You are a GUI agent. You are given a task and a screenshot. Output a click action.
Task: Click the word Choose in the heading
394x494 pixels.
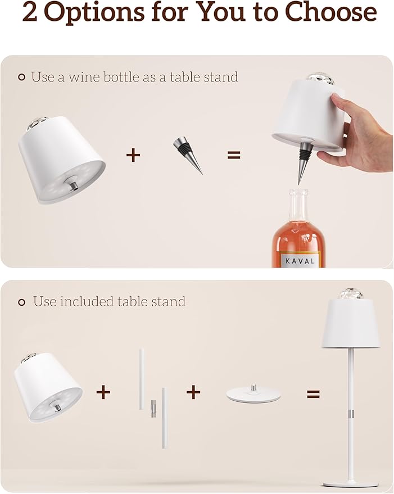coord(330,12)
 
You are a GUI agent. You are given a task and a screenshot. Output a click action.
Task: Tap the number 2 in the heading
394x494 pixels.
coord(30,12)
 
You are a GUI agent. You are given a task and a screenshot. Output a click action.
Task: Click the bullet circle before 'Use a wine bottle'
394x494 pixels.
coord(21,77)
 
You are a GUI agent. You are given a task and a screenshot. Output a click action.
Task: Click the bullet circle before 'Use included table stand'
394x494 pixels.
coord(21,302)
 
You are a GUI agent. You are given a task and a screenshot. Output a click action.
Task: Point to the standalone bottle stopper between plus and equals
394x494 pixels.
coord(187,155)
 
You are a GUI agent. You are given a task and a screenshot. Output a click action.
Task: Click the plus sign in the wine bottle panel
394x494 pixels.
coord(133,155)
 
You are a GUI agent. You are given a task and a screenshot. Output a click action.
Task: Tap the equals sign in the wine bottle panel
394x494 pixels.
coord(234,155)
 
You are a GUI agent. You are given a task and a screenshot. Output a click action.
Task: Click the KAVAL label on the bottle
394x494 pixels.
coord(300,261)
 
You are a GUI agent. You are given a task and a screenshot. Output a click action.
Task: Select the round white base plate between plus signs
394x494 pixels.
coord(253,395)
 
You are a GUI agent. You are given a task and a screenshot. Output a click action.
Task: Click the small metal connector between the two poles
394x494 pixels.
coord(153,408)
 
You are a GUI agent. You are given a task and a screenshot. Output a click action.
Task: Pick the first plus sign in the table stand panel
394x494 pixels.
coord(103,392)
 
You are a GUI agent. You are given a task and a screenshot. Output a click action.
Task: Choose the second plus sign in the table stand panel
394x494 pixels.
coord(193,392)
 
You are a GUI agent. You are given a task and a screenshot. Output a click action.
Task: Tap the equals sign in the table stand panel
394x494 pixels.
coord(313,393)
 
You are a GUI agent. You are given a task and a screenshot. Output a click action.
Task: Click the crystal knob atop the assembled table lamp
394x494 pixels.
coord(350,293)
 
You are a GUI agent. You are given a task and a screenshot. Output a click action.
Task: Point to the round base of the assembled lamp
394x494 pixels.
coord(350,483)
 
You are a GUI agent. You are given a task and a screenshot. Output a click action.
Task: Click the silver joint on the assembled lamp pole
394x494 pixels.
coord(350,414)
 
